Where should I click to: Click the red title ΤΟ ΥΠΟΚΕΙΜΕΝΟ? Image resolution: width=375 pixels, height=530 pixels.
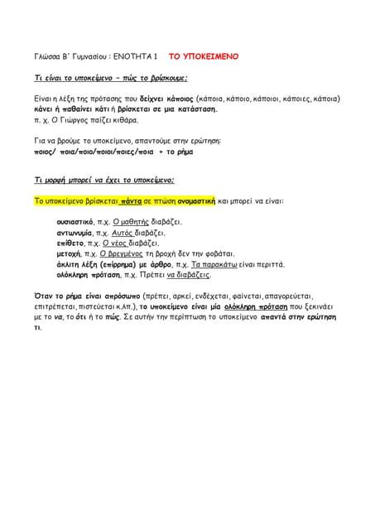pyautogui.click(x=204, y=57)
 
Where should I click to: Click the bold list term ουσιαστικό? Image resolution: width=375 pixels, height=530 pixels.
pyautogui.click(x=75, y=222)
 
